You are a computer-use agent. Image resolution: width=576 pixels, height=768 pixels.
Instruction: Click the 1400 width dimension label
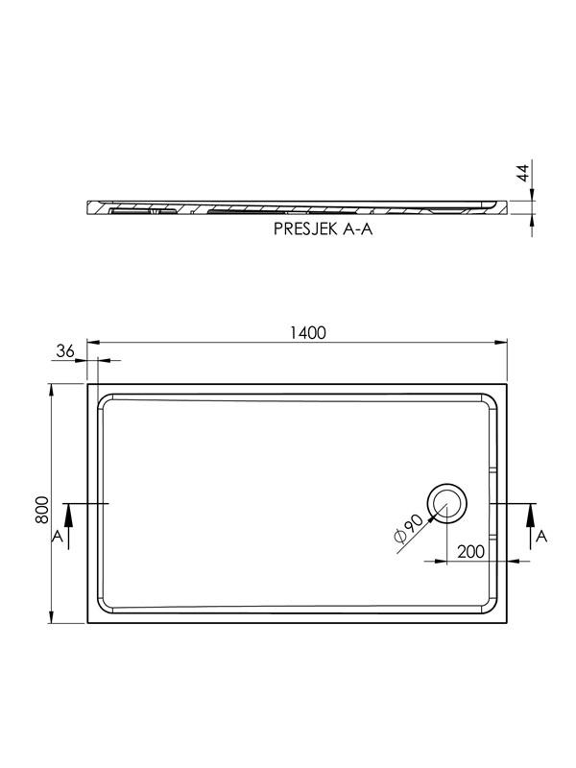(x=307, y=333)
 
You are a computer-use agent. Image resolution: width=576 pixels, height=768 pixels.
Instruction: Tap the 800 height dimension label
(x=42, y=510)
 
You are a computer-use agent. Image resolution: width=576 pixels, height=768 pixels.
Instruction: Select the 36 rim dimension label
(x=64, y=350)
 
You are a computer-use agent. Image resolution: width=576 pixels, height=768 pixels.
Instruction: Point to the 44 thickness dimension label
(x=523, y=173)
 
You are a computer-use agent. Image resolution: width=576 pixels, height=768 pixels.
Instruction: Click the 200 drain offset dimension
(x=470, y=551)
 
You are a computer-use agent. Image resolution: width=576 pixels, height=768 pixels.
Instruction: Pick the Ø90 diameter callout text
(x=407, y=528)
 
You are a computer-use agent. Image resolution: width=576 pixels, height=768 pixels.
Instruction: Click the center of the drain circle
(x=446, y=503)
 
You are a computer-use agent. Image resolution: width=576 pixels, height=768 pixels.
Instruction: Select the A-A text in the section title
(x=357, y=229)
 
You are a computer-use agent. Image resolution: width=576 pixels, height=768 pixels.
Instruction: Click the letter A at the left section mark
(x=58, y=537)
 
